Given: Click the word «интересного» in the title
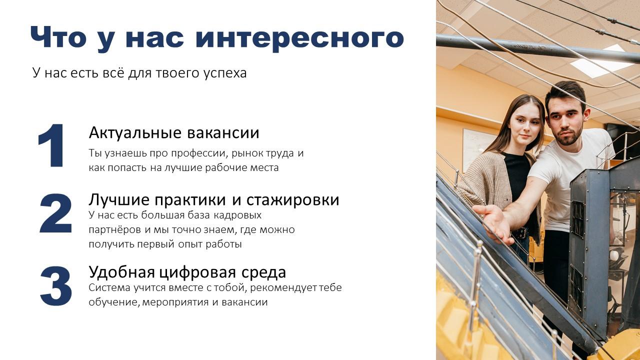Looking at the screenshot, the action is tap(299, 38).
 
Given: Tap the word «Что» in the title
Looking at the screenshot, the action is tap(58, 37).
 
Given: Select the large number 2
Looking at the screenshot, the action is tap(55, 213).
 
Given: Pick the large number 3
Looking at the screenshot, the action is tap(56, 286).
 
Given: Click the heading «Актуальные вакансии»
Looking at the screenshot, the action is tap(174, 133).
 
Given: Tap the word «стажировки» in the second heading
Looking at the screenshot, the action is tap(293, 199).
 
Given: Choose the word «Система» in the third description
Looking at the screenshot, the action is tap(109, 287).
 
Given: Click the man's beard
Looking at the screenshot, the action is tap(568, 137).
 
